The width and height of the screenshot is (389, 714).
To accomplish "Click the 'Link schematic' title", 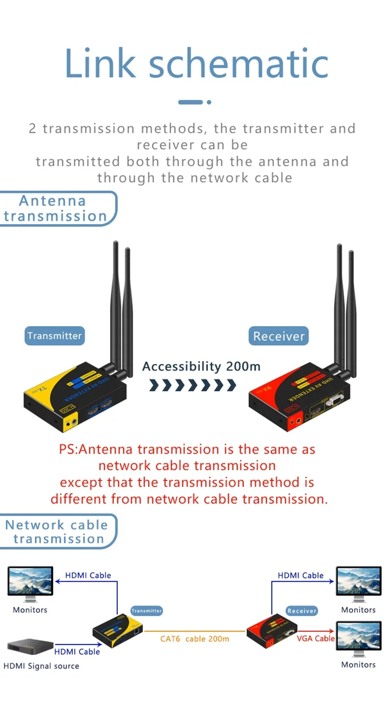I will click(196, 63).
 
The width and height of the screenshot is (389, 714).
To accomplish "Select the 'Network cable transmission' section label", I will click(57, 531).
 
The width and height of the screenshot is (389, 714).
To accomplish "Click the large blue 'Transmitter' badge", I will click(54, 336).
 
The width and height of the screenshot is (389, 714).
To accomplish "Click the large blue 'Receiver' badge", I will click(279, 336).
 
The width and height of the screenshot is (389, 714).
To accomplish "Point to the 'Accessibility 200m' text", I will click(201, 366).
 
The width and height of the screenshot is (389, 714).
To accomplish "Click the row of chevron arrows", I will click(193, 385).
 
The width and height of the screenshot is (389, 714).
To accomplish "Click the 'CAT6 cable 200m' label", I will click(194, 639).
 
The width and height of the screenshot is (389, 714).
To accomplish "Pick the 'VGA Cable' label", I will click(316, 639).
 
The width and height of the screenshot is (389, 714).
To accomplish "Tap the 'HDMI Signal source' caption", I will click(41, 666).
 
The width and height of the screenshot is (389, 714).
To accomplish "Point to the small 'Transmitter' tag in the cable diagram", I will click(147, 610).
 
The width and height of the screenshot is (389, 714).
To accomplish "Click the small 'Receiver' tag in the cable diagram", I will click(302, 610).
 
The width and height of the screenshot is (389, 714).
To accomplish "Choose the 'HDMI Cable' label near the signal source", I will click(77, 652).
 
